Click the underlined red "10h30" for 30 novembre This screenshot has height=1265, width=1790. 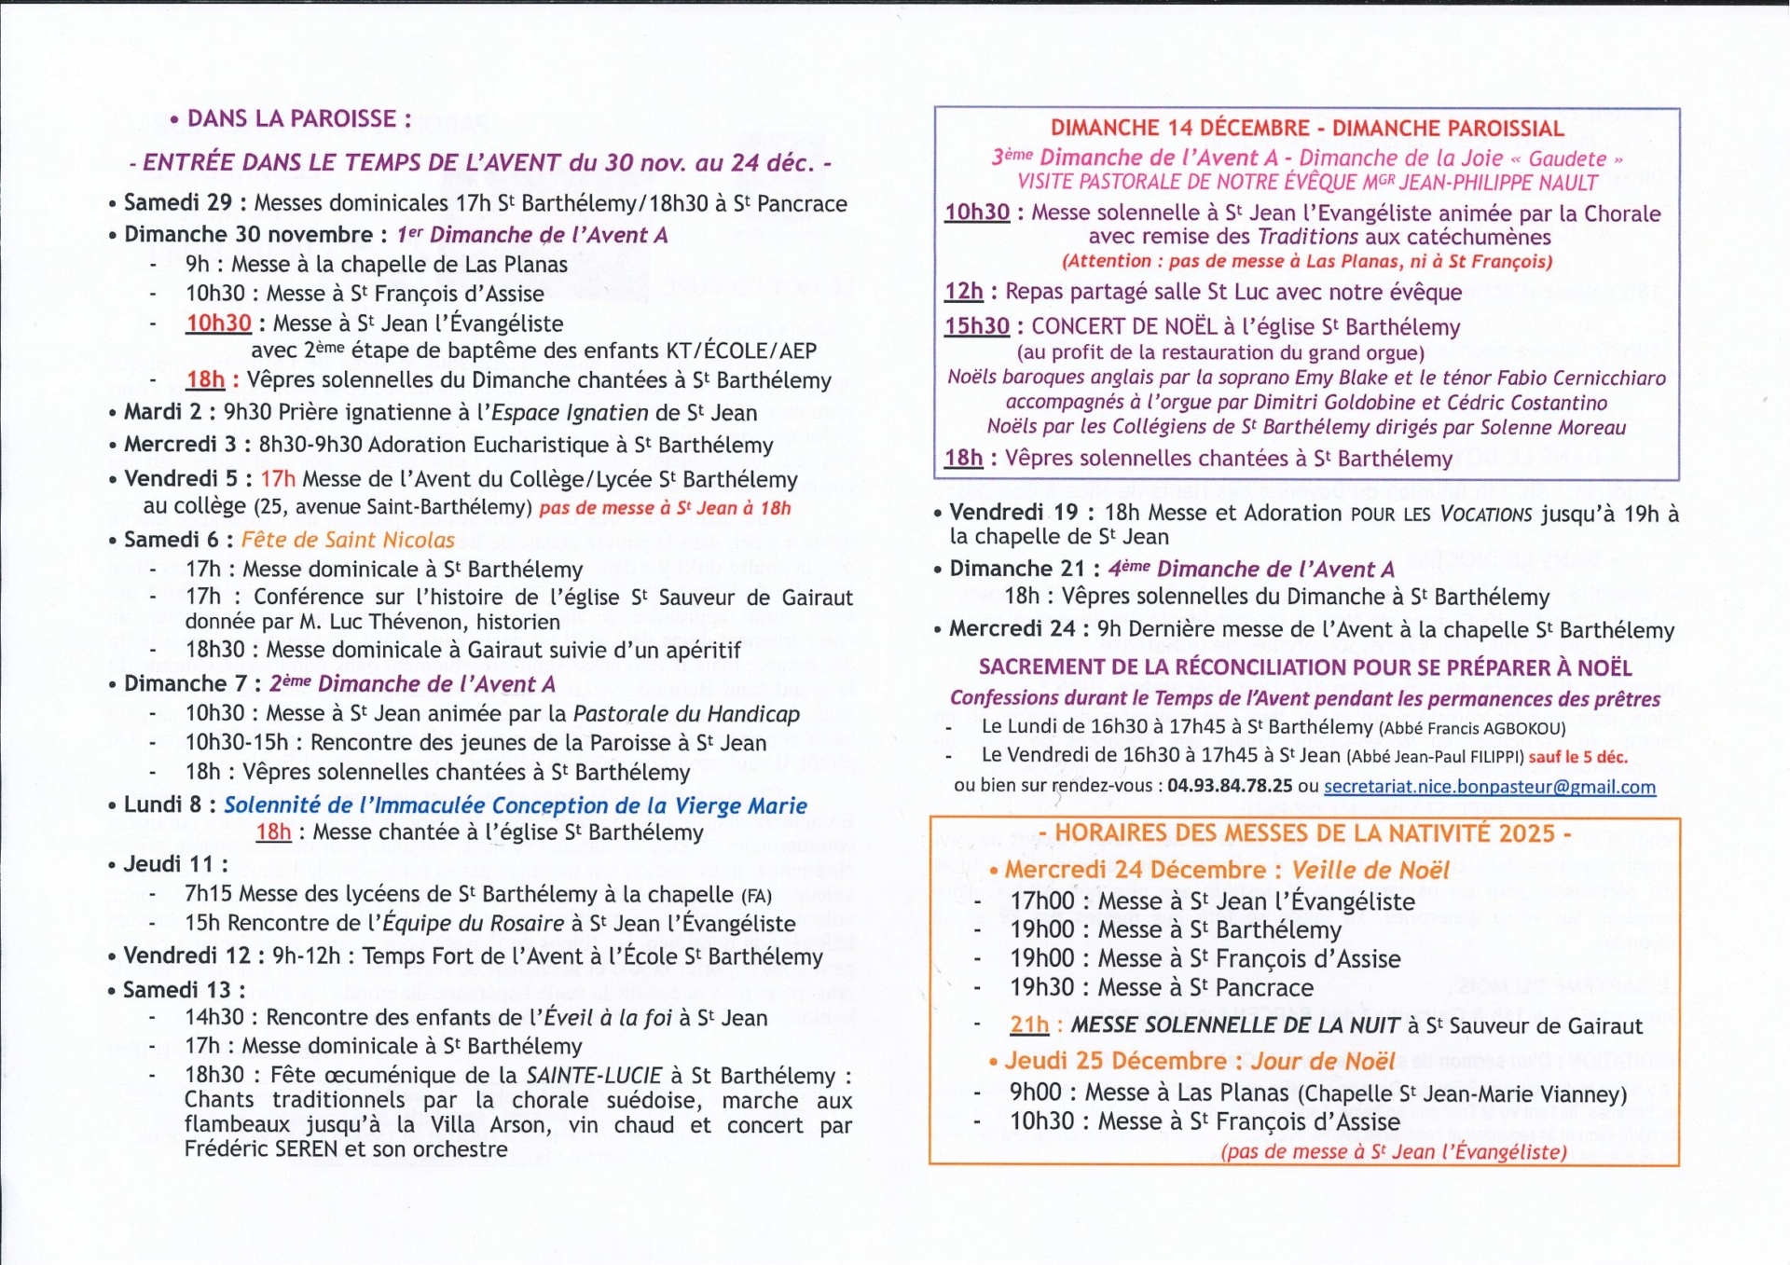pos(218,323)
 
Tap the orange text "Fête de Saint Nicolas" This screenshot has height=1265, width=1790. pos(348,540)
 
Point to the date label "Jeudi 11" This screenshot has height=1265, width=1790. pos(167,864)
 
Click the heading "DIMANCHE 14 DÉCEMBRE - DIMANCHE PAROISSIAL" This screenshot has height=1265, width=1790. pos(1306,129)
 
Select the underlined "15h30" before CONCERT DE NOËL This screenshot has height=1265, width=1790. pos(976,326)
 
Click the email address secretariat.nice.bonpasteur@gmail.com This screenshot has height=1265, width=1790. pos(1489,787)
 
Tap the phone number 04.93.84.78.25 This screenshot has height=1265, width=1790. pos(1230,786)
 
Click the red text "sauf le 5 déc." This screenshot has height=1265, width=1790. pos(1577,757)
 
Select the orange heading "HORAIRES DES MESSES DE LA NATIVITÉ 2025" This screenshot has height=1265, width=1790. pos(1304,833)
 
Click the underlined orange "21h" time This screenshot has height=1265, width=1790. pos(1029,1025)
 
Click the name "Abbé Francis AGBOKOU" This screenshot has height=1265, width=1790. pos(1473,728)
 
